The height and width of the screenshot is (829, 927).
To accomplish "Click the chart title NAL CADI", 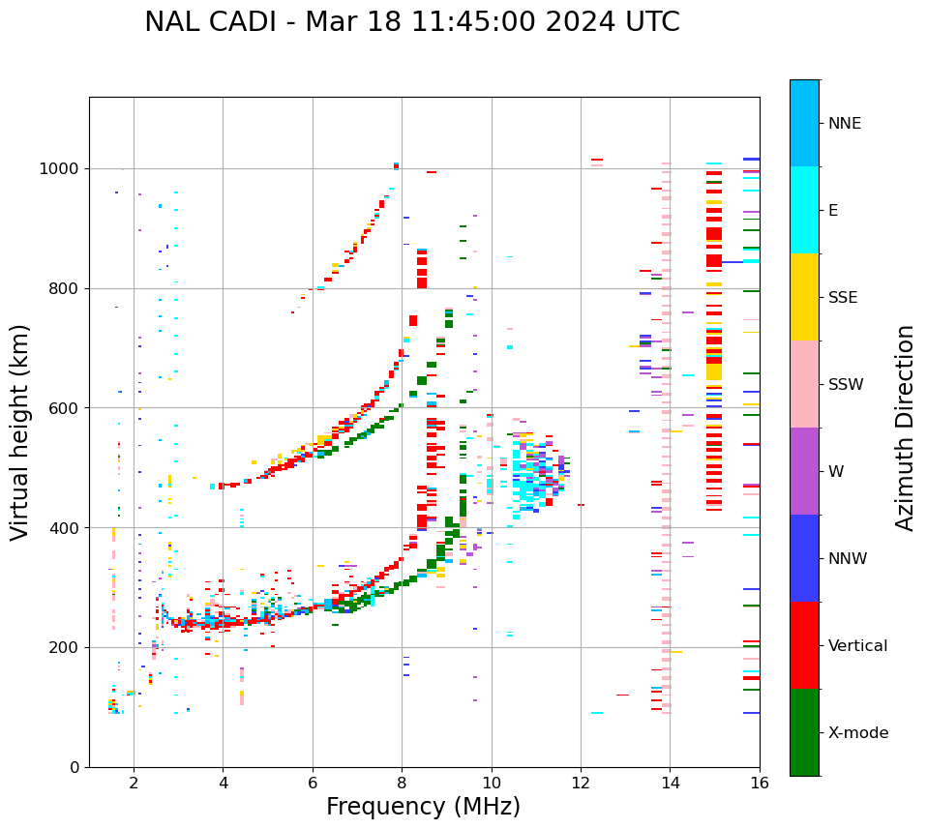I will tap(411, 22).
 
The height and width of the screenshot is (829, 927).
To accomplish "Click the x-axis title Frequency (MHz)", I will tap(423, 807).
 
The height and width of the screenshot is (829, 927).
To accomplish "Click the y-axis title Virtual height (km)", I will tap(20, 431).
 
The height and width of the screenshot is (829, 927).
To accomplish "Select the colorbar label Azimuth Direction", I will tap(905, 428).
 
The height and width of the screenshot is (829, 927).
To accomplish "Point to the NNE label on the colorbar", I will tap(844, 124).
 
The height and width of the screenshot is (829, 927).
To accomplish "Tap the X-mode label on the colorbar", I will tap(857, 733).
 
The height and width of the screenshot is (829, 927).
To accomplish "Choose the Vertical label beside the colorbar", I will tap(857, 646).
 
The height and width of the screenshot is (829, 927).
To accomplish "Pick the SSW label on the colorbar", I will tap(845, 385).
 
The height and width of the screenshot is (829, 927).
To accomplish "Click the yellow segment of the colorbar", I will tap(804, 297).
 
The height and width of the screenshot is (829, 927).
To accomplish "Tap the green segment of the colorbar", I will tap(804, 732).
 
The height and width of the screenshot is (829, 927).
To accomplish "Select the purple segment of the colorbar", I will tap(804, 471).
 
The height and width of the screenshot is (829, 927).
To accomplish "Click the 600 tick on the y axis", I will tap(66, 408).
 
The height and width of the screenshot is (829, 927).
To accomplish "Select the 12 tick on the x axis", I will tap(581, 783).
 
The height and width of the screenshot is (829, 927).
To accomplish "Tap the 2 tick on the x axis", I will tap(134, 783).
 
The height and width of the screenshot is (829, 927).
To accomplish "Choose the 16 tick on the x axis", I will tap(760, 783).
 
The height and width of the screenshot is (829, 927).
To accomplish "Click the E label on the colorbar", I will tap(832, 211).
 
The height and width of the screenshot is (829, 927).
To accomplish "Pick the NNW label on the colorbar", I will tap(848, 559).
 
